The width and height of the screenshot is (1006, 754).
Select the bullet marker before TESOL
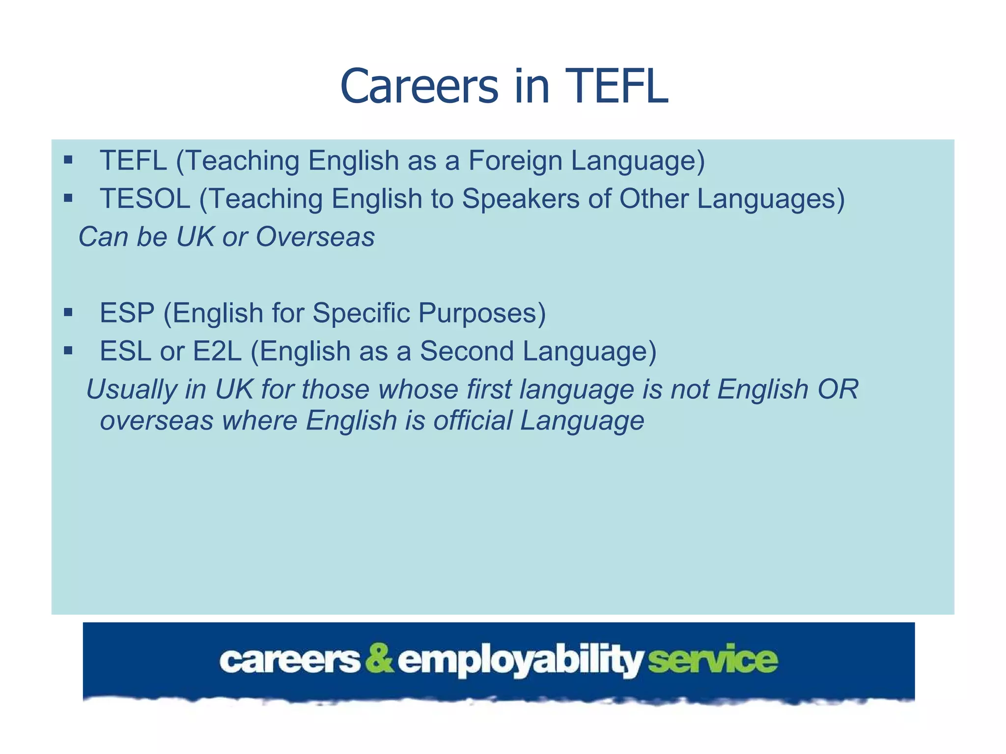pyautogui.click(x=68, y=198)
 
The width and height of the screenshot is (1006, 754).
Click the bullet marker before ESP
pyautogui.click(x=68, y=312)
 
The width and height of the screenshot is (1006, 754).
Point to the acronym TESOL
pyautogui.click(x=145, y=199)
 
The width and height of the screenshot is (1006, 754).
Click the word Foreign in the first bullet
pyautogui.click(x=515, y=161)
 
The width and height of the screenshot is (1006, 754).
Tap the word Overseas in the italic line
pyautogui.click(x=315, y=237)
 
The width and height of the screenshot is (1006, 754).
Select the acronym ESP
pyautogui.click(x=127, y=313)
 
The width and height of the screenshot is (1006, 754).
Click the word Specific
pyautogui.click(x=361, y=313)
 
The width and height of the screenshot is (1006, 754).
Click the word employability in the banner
pyautogui.click(x=520, y=661)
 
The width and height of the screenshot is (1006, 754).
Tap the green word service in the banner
pyautogui.click(x=713, y=659)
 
